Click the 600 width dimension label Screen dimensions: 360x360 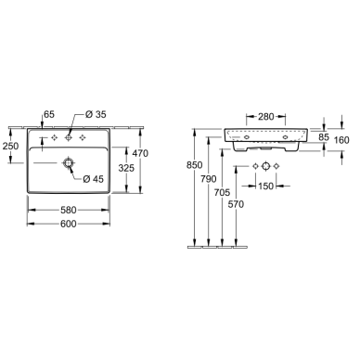pos(69,224)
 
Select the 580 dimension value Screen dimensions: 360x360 pos(69,211)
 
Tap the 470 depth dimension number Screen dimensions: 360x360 pos(140,153)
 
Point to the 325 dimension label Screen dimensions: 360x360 pos(126,168)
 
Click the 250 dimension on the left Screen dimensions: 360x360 pos(10,146)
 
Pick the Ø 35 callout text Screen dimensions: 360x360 pos(96,114)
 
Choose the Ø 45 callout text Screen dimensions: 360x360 pos(94,179)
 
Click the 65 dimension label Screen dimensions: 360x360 pos(49,114)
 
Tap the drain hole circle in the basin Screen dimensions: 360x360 pos(68,162)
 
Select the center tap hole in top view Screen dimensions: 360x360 pos(69,137)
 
